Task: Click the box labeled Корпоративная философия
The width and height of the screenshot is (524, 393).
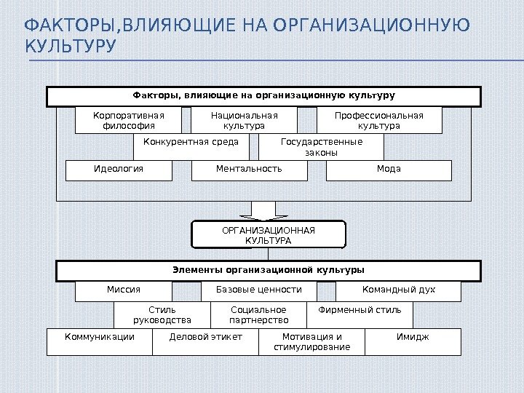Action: (x=129, y=120)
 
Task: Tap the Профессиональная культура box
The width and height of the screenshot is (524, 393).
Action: (x=378, y=120)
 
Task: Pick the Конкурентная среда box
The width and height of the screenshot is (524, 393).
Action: (x=191, y=147)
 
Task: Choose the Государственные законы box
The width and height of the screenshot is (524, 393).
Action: (x=321, y=147)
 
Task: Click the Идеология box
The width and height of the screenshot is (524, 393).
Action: (x=119, y=170)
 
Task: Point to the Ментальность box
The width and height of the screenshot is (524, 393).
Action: (x=249, y=170)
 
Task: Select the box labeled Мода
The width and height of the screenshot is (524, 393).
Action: (x=389, y=170)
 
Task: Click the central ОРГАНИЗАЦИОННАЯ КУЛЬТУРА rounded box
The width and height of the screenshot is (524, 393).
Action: (x=268, y=235)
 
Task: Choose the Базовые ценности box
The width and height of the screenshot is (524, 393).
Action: (x=259, y=290)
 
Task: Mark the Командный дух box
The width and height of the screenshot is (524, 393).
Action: (x=398, y=290)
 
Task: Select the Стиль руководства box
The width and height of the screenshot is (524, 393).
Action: (x=162, y=314)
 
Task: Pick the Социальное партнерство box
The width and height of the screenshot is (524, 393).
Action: (x=258, y=314)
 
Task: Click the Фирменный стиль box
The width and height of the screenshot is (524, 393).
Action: (x=360, y=314)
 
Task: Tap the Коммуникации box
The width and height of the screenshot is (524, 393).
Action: (x=100, y=341)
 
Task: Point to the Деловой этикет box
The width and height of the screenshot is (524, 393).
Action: (x=205, y=341)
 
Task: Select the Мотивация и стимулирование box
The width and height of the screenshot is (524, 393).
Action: (x=311, y=341)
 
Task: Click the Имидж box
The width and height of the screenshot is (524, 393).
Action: (x=413, y=341)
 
